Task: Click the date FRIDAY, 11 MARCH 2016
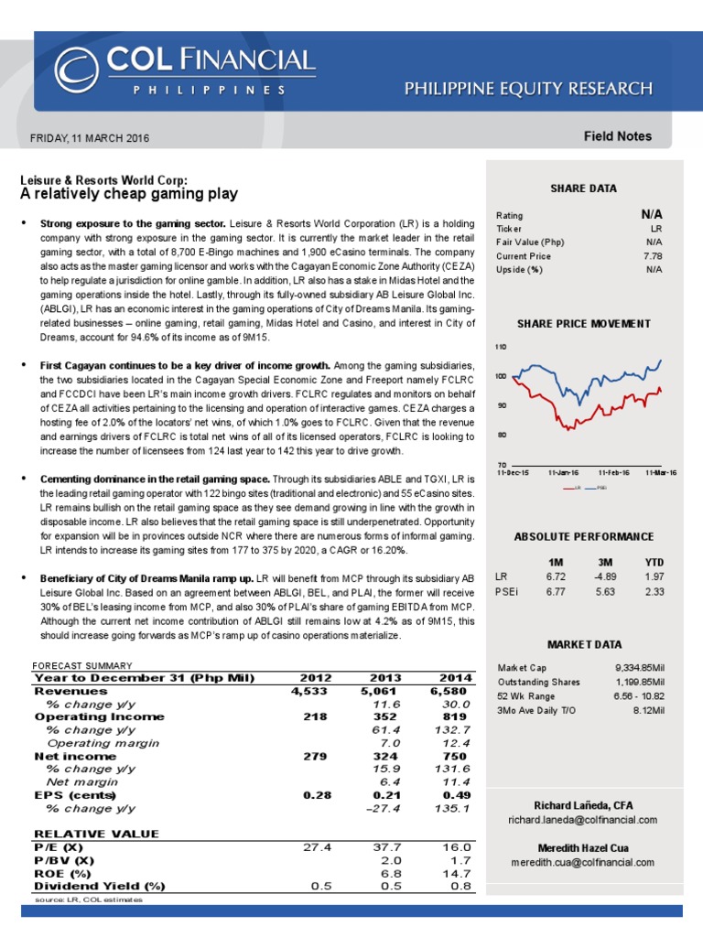(90, 138)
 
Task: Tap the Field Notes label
(618, 136)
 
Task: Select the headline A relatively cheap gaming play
(129, 194)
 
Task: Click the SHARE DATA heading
(583, 188)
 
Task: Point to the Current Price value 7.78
(652, 256)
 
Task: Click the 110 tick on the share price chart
(501, 348)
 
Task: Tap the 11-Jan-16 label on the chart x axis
(563, 472)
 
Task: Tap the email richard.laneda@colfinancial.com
(583, 819)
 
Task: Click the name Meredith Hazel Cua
(583, 847)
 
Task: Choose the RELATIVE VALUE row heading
(96, 834)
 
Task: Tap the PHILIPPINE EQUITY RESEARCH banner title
(529, 89)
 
